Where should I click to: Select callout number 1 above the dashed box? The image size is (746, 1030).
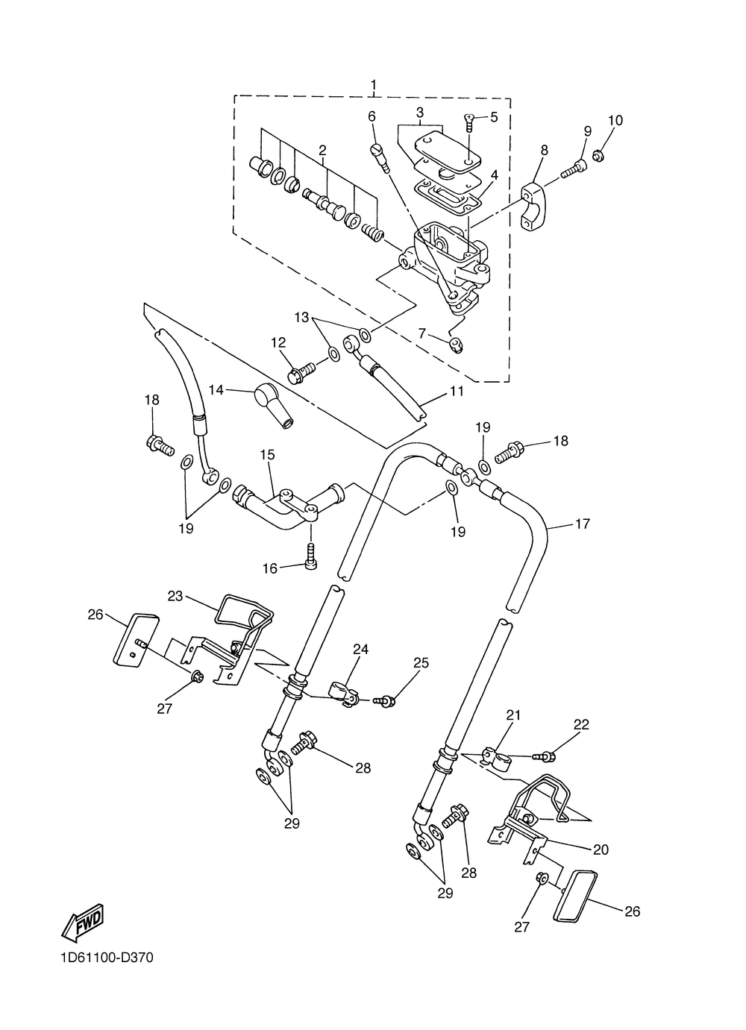point(373,84)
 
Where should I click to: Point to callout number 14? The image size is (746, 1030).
point(216,390)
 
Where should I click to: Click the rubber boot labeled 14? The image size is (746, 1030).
point(273,405)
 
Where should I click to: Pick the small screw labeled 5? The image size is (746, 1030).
point(469,123)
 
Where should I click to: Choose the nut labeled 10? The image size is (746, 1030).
point(598,156)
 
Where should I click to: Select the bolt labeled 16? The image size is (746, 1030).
point(312,557)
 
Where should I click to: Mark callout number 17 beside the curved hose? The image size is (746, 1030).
point(583,524)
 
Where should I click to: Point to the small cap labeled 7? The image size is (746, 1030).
point(457,344)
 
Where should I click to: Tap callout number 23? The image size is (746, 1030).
point(175,596)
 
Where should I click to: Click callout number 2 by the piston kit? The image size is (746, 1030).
point(322,150)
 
